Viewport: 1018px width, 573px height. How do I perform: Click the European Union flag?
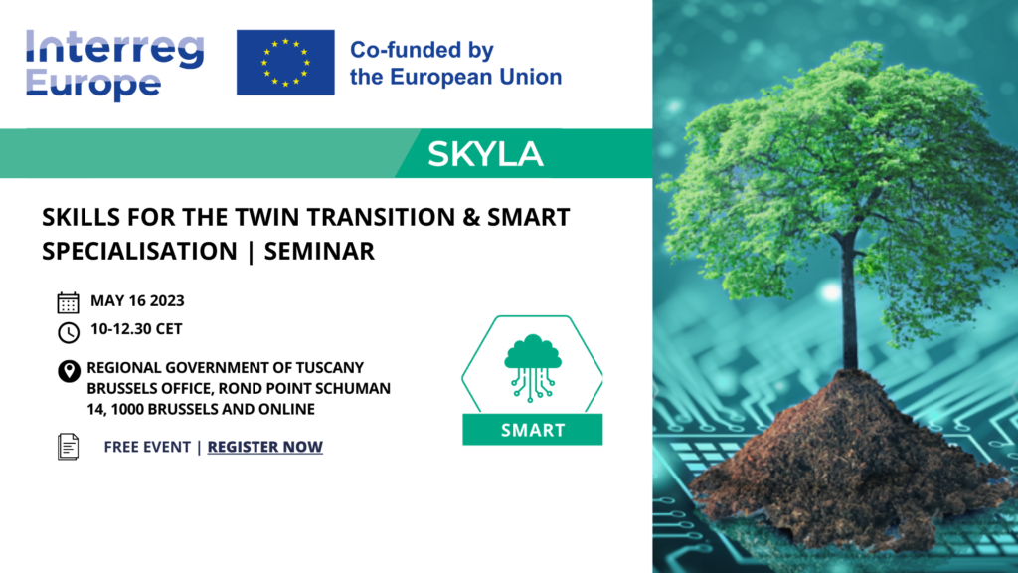285,63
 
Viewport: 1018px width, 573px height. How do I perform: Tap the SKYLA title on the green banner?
485,154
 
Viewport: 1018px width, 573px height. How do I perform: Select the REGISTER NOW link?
264,447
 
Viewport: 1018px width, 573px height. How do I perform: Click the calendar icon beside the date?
69,302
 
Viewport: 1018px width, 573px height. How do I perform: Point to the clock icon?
69,332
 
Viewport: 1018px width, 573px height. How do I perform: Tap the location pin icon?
69,371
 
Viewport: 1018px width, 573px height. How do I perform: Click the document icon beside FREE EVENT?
69,447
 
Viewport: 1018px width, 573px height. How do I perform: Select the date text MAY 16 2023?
137,300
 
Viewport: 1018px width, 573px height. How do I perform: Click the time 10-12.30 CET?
136,329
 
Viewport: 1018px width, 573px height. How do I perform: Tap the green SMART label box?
533,430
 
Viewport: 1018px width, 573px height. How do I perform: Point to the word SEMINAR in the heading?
319,251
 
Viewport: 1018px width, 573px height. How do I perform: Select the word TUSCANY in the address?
330,368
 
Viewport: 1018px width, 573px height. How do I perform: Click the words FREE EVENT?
147,447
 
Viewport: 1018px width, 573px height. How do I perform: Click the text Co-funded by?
422,50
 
